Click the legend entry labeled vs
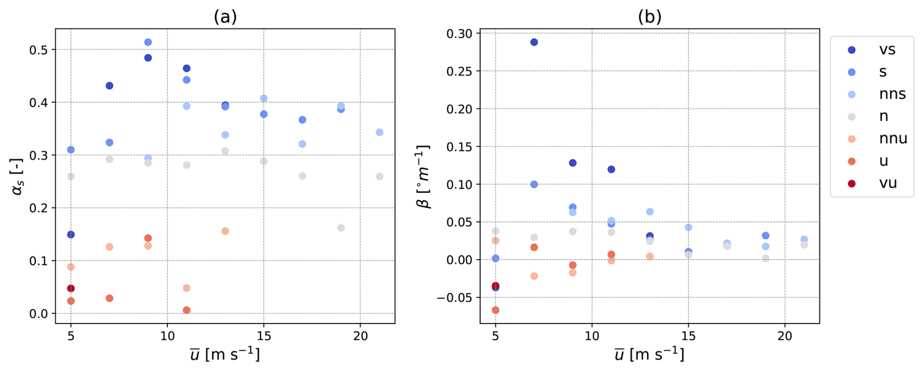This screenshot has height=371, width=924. coord(872,50)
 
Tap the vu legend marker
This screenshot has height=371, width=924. coord(852,183)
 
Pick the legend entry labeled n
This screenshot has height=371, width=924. coord(872,116)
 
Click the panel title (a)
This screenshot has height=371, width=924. coord(225,17)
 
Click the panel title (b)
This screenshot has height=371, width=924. coord(650,17)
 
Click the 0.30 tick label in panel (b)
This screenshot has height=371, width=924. coord(459,33)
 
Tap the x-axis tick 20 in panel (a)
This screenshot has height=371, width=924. coord(360,336)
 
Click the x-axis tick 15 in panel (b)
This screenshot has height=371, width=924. coord(688,336)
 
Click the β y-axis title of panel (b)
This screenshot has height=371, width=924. coord(423,176)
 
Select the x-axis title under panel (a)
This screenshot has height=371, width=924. coord(225,354)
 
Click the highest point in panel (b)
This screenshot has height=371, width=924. coord(534,42)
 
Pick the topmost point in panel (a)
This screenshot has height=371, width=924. coord(148,43)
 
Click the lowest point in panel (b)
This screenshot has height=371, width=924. coord(495,310)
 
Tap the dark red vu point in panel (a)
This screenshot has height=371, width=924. coord(71,288)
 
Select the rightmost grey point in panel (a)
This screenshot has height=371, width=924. coord(379,176)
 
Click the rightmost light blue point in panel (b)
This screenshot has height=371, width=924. coord(804,240)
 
